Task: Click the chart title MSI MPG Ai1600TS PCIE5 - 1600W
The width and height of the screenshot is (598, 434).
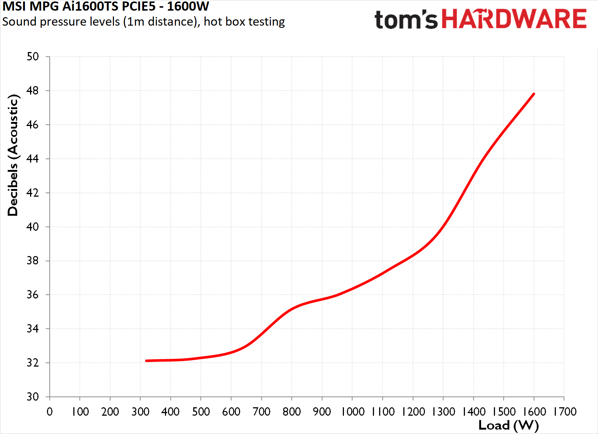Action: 106,6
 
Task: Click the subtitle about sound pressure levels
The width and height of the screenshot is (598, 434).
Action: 144,22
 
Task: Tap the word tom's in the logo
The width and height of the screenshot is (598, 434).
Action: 406,19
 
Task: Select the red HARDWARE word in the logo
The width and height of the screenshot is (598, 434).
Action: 514,18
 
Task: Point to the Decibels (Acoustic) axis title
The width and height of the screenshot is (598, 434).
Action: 12,155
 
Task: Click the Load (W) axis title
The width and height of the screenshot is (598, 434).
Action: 509,425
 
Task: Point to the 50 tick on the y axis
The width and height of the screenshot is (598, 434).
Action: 33,56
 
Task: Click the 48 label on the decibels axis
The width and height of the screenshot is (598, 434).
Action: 33,91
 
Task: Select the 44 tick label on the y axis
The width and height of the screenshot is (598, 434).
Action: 33,159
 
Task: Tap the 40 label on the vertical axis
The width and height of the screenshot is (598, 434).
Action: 33,227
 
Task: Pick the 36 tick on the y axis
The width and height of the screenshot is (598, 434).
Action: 33,295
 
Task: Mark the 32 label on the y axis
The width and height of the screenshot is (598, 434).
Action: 33,363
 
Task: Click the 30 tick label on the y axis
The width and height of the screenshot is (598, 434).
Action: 33,397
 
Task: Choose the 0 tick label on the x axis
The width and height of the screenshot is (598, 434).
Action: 49,412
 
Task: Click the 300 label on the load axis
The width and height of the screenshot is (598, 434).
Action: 140,412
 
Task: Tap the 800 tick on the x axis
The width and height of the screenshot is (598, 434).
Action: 292,412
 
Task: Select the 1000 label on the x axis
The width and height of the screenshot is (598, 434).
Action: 352,412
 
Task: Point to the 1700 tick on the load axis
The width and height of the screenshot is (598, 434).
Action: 564,412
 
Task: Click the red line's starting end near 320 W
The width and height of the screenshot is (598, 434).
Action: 147,361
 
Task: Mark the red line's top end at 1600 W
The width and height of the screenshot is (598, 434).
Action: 534,94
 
